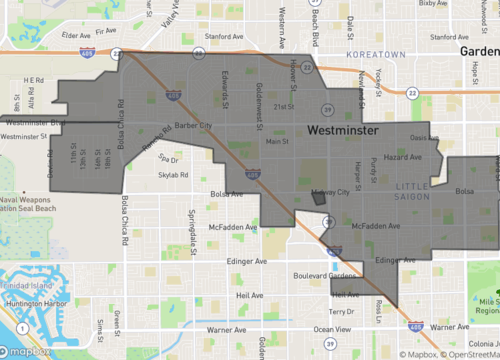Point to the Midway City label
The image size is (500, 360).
(330, 191)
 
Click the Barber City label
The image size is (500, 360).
(191, 126)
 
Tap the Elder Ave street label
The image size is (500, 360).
(76, 35)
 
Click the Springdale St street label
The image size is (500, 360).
(191, 236)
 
